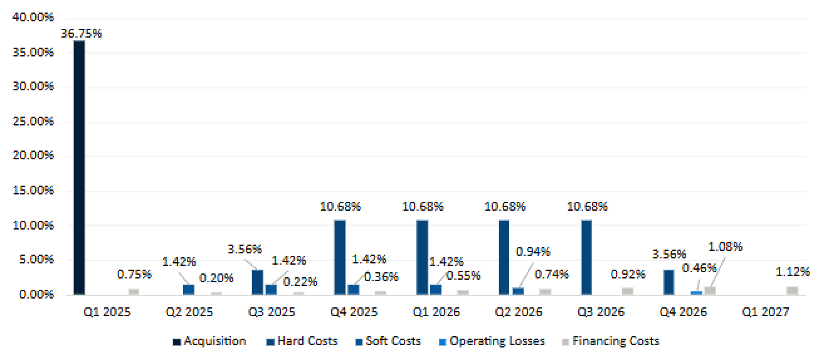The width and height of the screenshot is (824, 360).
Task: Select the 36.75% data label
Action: click(x=81, y=34)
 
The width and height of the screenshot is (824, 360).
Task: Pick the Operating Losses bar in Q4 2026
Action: click(x=696, y=292)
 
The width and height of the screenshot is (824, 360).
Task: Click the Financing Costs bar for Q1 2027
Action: click(x=792, y=290)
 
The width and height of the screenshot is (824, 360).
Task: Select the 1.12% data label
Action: click(x=793, y=272)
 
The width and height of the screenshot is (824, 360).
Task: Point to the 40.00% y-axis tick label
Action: click(x=33, y=18)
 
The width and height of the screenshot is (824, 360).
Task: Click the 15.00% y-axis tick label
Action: click(x=33, y=191)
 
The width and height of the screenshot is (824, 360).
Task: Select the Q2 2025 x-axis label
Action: click(x=189, y=312)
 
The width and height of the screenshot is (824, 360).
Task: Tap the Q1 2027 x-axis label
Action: click(x=765, y=312)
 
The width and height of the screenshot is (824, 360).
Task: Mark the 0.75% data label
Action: click(x=134, y=274)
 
